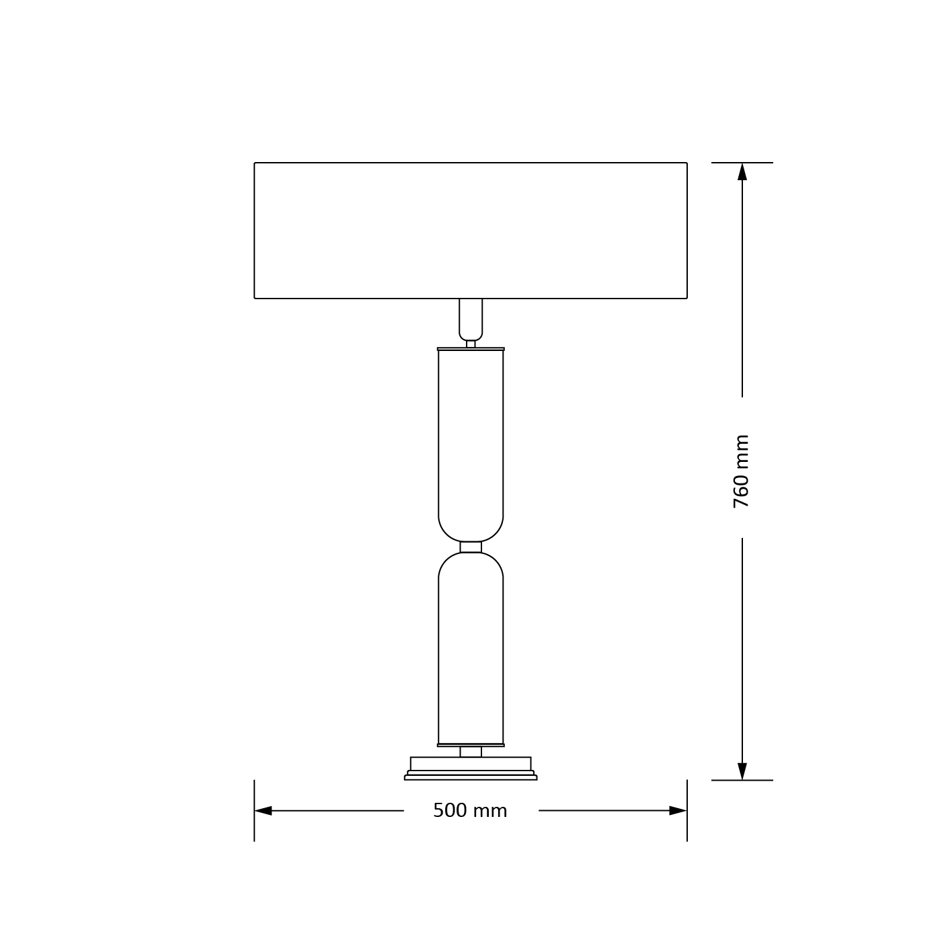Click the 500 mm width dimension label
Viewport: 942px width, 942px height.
470,810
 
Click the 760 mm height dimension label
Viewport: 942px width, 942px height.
741,471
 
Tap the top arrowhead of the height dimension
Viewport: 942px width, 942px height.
742,171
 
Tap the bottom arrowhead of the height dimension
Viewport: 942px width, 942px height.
742,771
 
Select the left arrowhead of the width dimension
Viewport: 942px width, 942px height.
263,810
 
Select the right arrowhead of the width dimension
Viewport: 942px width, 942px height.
678,810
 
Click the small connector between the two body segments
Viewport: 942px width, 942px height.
470,547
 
